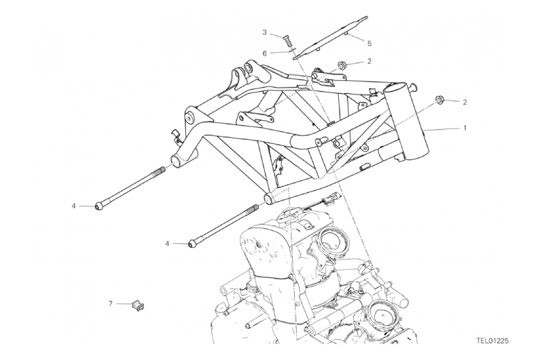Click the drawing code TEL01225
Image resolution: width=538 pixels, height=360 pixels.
[x=492, y=341]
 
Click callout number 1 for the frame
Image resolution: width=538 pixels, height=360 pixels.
[x=465, y=128]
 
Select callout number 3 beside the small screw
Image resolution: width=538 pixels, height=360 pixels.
[x=264, y=32]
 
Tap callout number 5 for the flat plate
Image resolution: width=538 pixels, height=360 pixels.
[x=370, y=43]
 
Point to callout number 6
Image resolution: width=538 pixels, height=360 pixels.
[x=264, y=53]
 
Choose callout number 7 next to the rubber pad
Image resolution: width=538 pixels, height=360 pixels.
[x=111, y=304]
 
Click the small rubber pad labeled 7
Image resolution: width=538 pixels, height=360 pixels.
[x=138, y=305]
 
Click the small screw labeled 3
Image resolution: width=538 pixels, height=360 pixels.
[x=287, y=41]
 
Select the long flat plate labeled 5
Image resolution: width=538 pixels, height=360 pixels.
[x=329, y=38]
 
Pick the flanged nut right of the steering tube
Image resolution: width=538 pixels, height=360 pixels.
[x=439, y=100]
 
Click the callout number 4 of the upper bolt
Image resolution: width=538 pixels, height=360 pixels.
[x=73, y=206]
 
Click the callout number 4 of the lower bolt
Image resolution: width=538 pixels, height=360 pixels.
[x=167, y=244]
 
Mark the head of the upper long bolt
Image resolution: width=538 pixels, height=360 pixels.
[x=98, y=206]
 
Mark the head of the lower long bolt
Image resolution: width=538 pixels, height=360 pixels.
[x=192, y=244]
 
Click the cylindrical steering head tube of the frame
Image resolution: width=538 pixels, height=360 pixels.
[x=406, y=122]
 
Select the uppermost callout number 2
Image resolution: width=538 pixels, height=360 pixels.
[x=369, y=61]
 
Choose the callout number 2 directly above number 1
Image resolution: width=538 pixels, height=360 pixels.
[x=465, y=102]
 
